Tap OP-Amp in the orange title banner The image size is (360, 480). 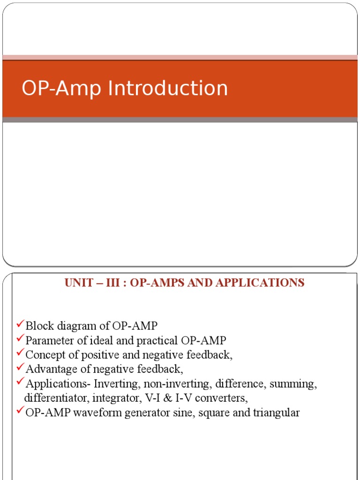(61, 89)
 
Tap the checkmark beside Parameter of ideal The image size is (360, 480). (20, 338)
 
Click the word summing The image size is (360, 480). (297, 384)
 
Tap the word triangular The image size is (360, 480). (277, 413)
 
